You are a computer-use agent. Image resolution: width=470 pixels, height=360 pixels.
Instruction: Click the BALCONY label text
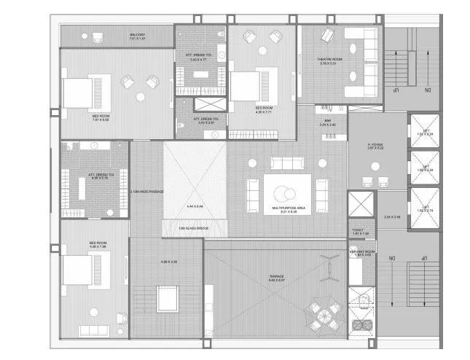pyautogui.click(x=137, y=34)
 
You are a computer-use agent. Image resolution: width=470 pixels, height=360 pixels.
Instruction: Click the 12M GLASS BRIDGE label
pyautogui.click(x=192, y=228)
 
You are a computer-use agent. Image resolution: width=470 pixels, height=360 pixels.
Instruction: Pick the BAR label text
pyautogui.click(x=328, y=120)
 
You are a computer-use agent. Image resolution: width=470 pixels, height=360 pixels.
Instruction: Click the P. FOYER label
pyautogui.click(x=376, y=145)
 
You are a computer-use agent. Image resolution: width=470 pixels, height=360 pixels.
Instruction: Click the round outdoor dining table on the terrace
pyautogui.click(x=323, y=314)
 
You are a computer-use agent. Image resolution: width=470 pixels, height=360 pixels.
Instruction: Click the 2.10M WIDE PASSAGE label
pyautogui.click(x=146, y=192)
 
